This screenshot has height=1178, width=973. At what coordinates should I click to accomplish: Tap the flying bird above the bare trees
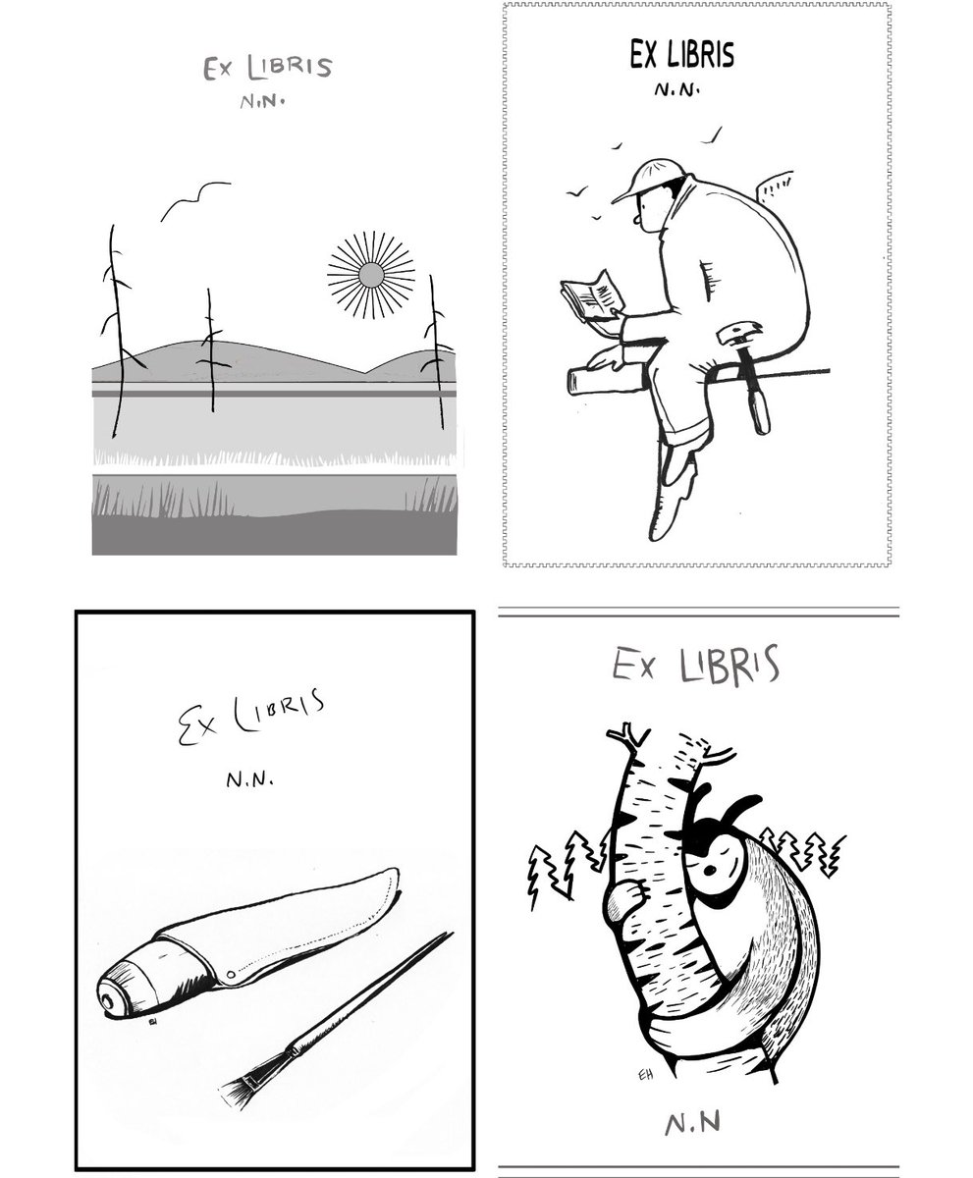click(196, 198)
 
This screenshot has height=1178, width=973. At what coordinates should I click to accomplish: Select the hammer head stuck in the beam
click(738, 334)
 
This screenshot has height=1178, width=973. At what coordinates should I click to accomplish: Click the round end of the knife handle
click(109, 993)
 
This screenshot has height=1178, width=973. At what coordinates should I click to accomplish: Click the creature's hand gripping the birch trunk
click(624, 896)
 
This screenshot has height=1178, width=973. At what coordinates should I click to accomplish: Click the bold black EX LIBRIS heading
click(681, 56)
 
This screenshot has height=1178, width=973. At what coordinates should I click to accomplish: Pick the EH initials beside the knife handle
click(152, 1022)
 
